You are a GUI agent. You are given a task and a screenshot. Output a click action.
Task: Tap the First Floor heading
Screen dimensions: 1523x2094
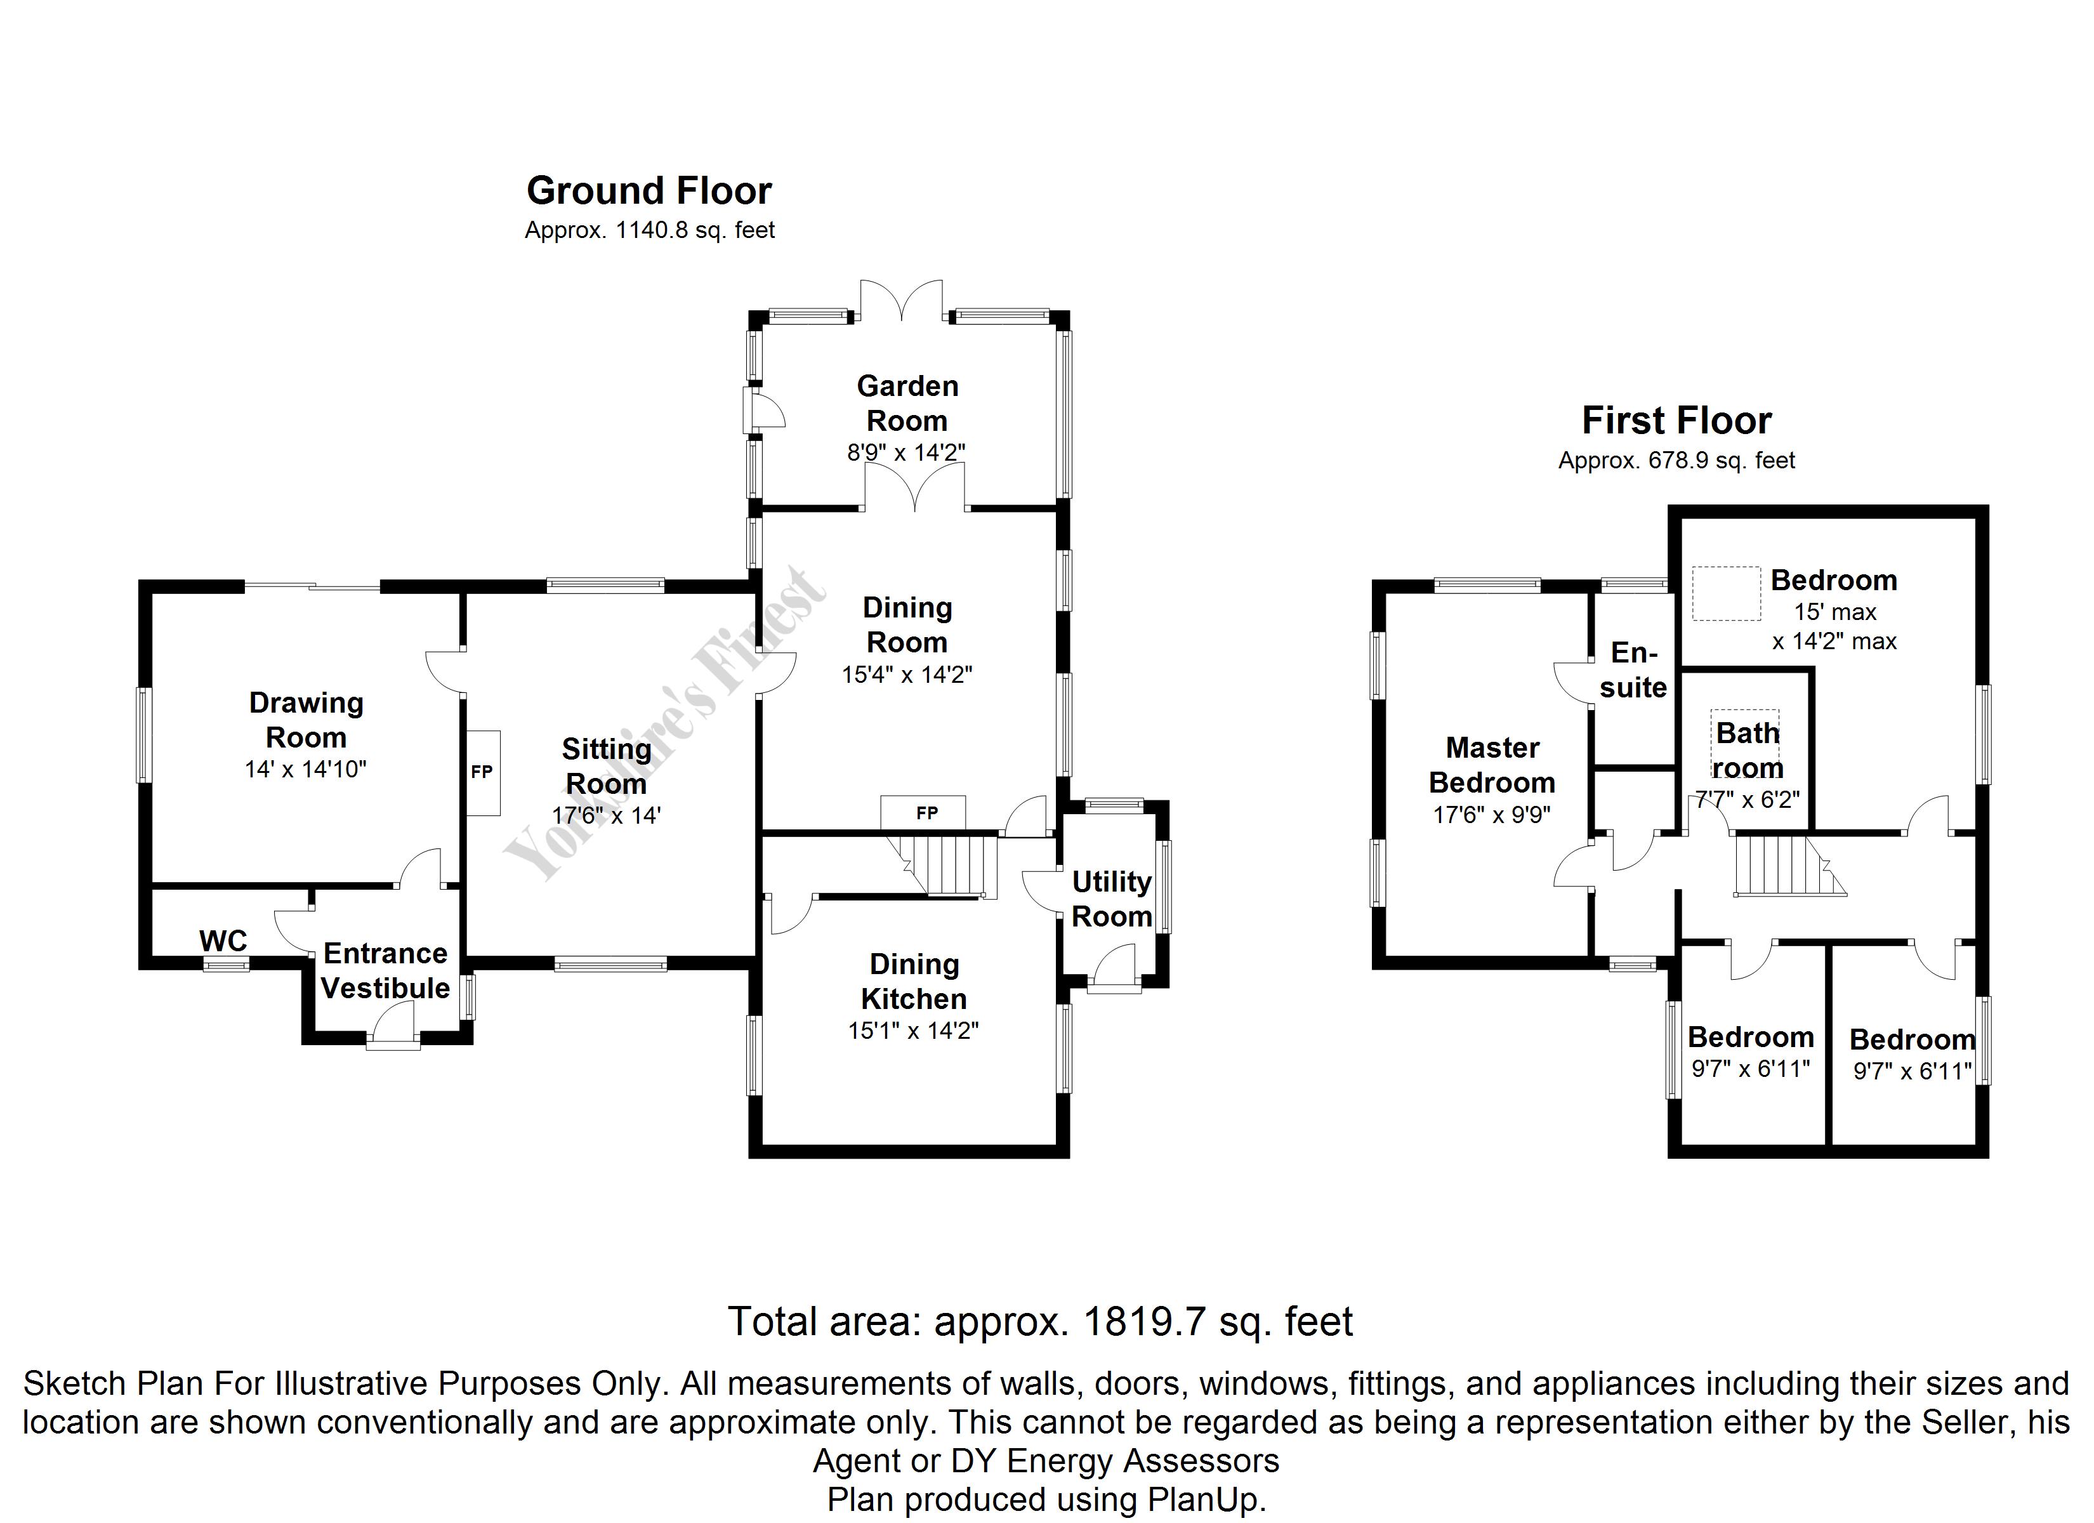click(x=1676, y=421)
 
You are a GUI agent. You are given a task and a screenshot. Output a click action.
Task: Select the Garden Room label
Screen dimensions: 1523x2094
click(x=907, y=403)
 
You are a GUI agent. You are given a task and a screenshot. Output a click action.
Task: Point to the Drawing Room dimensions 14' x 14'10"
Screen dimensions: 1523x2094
click(x=306, y=769)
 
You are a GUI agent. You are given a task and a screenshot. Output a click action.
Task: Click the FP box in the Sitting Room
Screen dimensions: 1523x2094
click(x=482, y=772)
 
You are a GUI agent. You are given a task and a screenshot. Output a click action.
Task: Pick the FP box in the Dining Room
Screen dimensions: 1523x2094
click(x=926, y=813)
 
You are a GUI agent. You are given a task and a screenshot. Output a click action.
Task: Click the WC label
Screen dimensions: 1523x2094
click(x=223, y=941)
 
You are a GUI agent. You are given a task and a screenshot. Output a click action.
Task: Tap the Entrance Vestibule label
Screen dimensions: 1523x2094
click(x=385, y=971)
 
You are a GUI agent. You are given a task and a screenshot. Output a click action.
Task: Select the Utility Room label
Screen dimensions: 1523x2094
click(x=1112, y=899)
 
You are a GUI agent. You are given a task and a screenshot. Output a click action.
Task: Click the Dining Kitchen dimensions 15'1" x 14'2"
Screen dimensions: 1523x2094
click(x=913, y=1031)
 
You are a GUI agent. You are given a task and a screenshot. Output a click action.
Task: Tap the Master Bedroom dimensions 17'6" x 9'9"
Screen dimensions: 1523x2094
click(x=1491, y=815)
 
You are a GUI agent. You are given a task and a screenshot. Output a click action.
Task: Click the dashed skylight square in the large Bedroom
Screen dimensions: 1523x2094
click(x=1725, y=593)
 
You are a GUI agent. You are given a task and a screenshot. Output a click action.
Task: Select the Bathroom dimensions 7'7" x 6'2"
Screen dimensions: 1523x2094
click(x=1748, y=799)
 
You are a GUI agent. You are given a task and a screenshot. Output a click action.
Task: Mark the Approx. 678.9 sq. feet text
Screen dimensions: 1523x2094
click(x=1676, y=461)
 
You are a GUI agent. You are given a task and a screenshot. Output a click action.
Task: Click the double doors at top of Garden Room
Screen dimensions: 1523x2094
click(x=901, y=301)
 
